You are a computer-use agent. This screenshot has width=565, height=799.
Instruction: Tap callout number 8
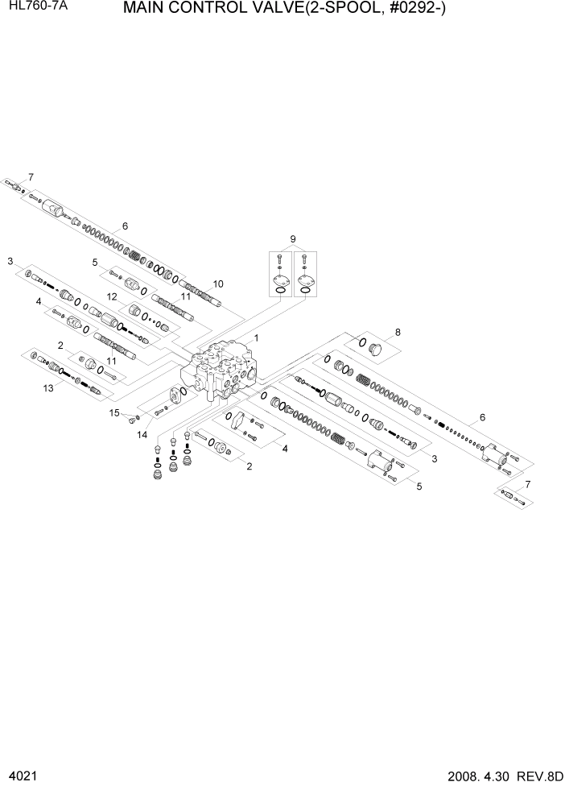pyautogui.click(x=397, y=332)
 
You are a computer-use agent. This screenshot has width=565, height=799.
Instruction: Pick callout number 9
pyautogui.click(x=293, y=238)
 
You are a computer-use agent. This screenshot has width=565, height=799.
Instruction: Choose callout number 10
pyautogui.click(x=217, y=284)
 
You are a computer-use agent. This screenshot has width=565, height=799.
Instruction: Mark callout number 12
pyautogui.click(x=113, y=297)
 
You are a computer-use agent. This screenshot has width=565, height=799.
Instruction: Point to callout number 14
pyautogui.click(x=142, y=435)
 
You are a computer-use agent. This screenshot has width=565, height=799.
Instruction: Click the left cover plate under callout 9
pyautogui.click(x=280, y=282)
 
